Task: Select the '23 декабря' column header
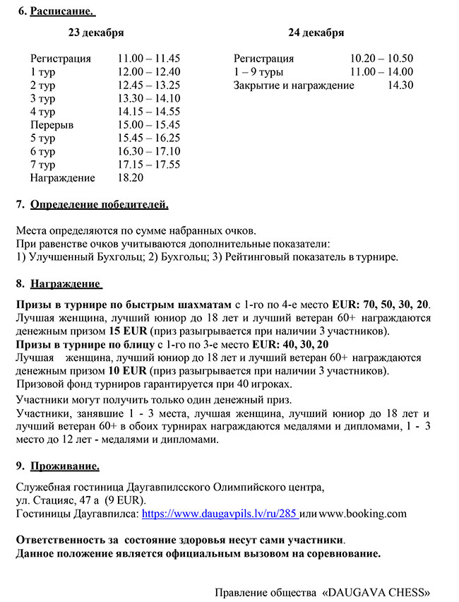tap(96, 33)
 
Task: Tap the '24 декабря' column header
tap(316, 33)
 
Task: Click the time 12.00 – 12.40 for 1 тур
tap(149, 71)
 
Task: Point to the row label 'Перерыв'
tap(52, 125)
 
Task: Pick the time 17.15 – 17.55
tap(149, 165)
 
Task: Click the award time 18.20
tap(131, 178)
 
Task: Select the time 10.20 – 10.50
tap(381, 59)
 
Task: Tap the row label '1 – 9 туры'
tap(258, 71)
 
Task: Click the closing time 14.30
tap(400, 85)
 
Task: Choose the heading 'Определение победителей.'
tap(100, 205)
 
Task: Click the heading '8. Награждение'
tap(59, 284)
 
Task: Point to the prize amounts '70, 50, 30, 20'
tap(396, 304)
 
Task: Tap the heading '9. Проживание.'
tap(59, 466)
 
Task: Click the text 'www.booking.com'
tap(362, 514)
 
